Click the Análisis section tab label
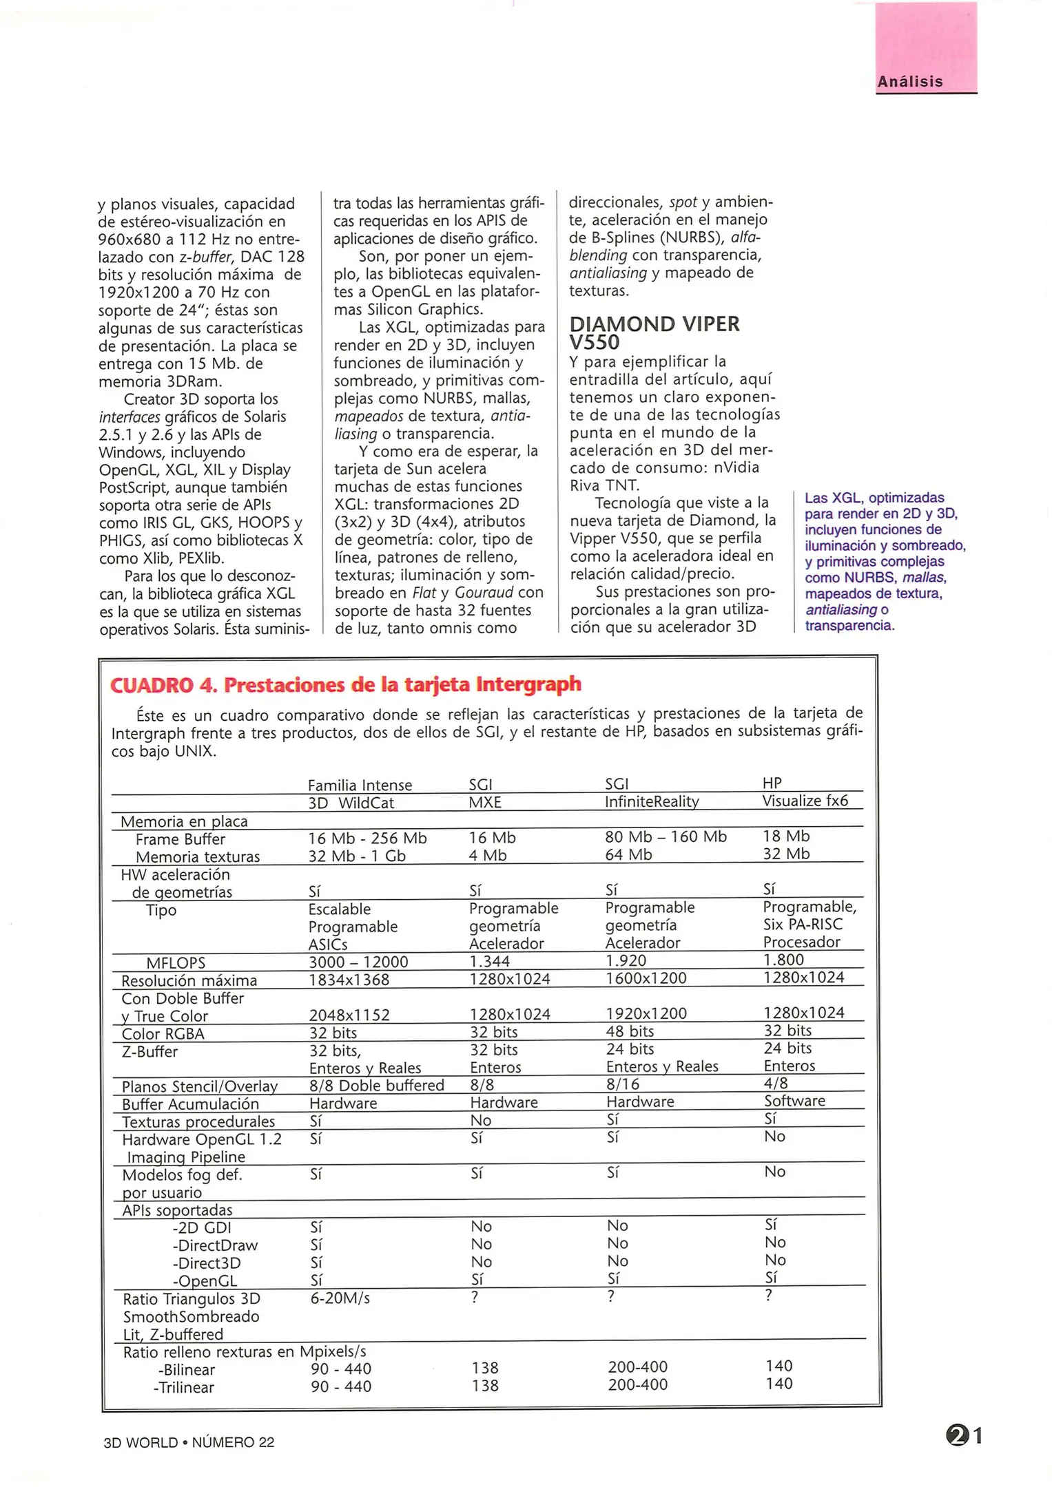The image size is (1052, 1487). click(909, 81)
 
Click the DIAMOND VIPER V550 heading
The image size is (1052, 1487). click(654, 333)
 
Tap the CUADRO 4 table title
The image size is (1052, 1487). click(346, 684)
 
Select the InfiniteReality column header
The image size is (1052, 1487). click(651, 801)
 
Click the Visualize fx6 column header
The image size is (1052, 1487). click(805, 801)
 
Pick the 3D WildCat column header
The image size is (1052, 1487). click(351, 803)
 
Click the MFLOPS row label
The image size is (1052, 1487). click(176, 962)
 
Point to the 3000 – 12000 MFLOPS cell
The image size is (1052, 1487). click(358, 962)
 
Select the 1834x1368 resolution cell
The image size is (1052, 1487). click(349, 980)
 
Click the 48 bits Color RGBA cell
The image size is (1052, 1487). click(630, 1031)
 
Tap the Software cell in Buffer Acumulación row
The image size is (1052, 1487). click(794, 1101)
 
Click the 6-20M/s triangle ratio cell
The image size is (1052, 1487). click(340, 1298)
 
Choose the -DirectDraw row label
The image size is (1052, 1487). click(215, 1245)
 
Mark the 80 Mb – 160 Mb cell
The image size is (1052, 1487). click(666, 836)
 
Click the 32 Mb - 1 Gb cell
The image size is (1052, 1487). click(357, 856)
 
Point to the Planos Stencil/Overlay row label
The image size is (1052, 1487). click(199, 1086)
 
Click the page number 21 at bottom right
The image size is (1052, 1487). click(964, 1436)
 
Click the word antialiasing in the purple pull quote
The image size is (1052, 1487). click(840, 610)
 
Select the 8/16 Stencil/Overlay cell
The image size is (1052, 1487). click(622, 1084)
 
